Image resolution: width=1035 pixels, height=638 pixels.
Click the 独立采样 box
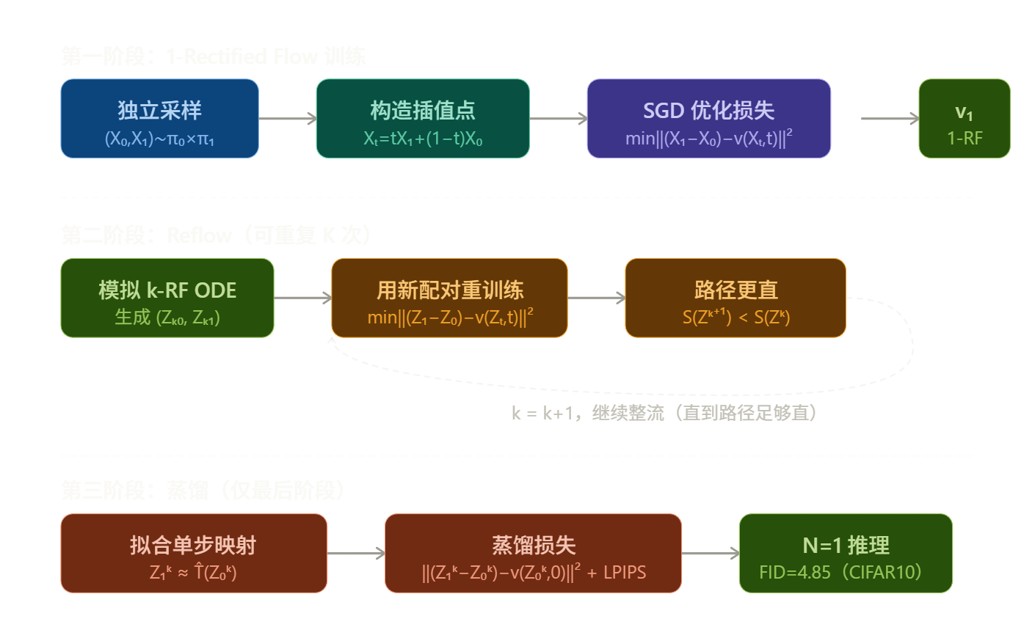(x=159, y=119)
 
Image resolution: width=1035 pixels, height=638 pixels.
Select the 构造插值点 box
(x=422, y=119)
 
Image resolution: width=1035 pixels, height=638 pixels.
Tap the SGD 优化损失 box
(x=708, y=119)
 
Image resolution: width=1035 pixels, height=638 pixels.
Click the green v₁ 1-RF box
(x=964, y=119)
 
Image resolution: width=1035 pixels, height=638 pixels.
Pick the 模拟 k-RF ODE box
(x=167, y=298)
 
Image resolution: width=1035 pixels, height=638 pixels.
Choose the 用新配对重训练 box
(x=449, y=298)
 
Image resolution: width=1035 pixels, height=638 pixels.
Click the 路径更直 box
(x=735, y=298)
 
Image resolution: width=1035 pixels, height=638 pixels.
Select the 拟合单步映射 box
(x=194, y=553)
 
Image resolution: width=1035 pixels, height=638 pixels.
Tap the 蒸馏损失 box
(x=533, y=553)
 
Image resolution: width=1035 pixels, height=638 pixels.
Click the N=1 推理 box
(x=845, y=553)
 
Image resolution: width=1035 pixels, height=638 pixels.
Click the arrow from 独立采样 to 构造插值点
(x=287, y=119)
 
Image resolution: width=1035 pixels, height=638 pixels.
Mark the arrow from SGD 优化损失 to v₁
(x=889, y=119)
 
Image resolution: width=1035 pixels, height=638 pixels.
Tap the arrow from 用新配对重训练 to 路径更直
(x=596, y=298)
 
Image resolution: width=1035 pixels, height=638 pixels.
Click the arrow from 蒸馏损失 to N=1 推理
(x=710, y=553)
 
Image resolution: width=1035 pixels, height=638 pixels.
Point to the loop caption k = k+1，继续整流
(x=664, y=414)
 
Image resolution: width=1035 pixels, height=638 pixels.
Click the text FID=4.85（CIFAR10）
(x=840, y=572)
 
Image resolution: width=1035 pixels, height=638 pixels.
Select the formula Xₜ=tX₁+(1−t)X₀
(x=423, y=139)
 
